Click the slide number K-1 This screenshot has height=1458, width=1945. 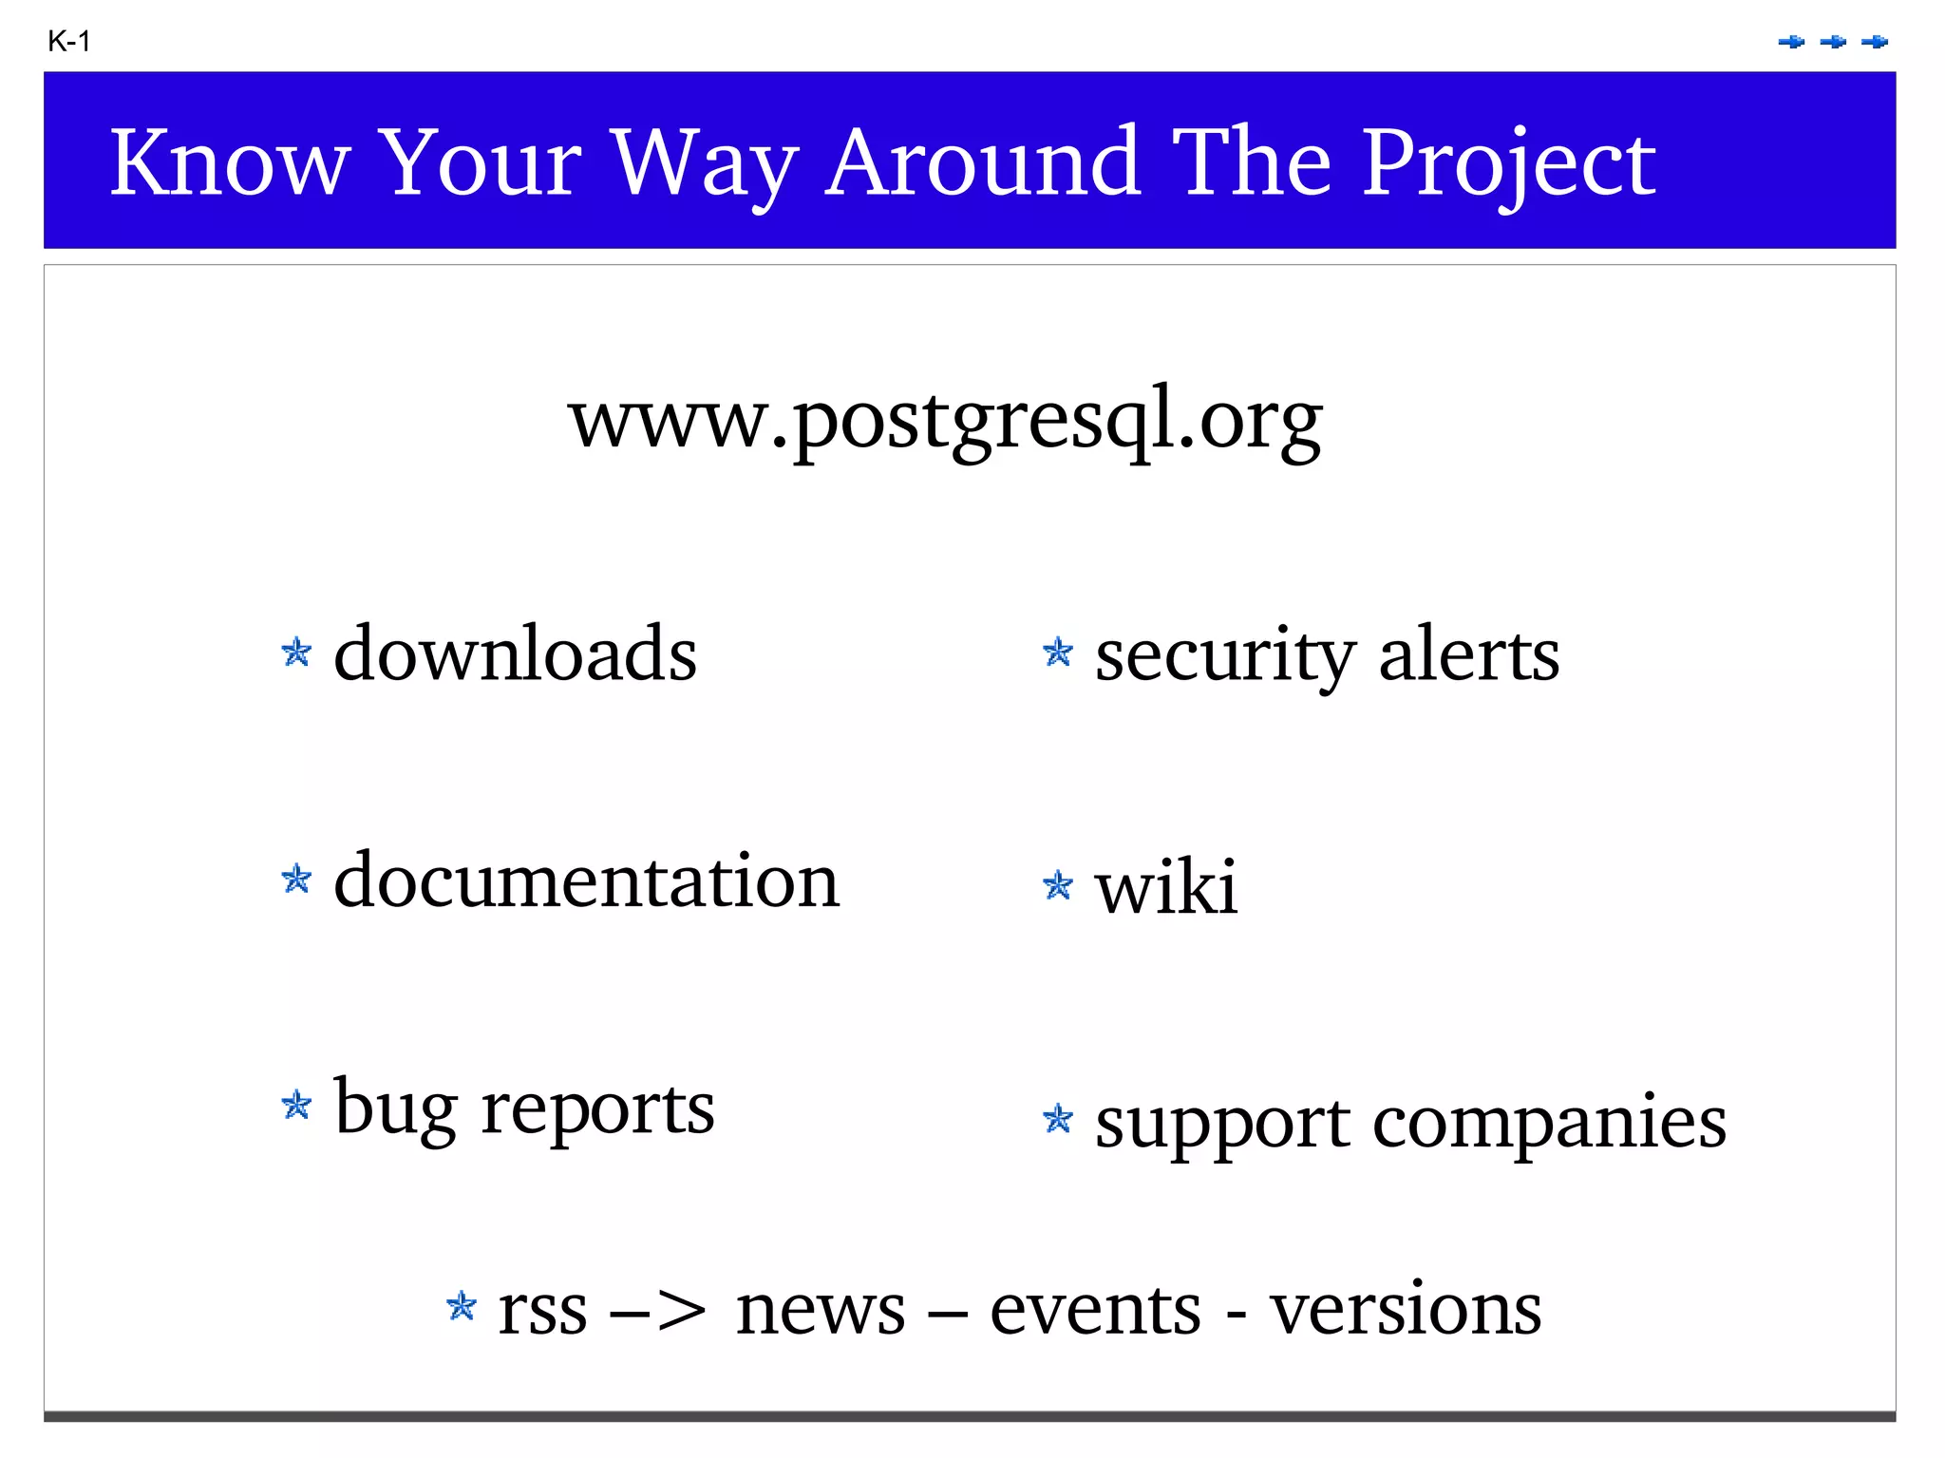pyautogui.click(x=68, y=42)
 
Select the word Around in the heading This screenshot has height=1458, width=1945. pyautogui.click(x=982, y=162)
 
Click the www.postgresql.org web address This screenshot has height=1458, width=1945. pyautogui.click(x=945, y=420)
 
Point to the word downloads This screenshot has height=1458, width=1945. pyautogui.click(x=515, y=653)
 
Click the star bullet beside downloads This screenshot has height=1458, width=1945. pyautogui.click(x=296, y=653)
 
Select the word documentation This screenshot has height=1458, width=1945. pyautogui.click(x=586, y=881)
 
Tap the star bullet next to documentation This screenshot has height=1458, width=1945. pyautogui.click(x=296, y=879)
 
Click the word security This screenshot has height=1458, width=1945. pyautogui.click(x=1224, y=655)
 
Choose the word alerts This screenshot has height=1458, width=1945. pyautogui.click(x=1468, y=655)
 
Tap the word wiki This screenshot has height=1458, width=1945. pyautogui.click(x=1166, y=887)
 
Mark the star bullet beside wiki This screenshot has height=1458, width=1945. pyautogui.click(x=1057, y=885)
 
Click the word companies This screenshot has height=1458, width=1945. pyautogui.click(x=1549, y=1124)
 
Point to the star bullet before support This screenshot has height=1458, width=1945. pyautogui.click(x=1057, y=1119)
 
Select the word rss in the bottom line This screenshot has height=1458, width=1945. pyautogui.click(x=542, y=1311)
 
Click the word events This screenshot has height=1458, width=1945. pyautogui.click(x=1095, y=1311)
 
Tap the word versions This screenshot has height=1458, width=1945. pyautogui.click(x=1406, y=1311)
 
